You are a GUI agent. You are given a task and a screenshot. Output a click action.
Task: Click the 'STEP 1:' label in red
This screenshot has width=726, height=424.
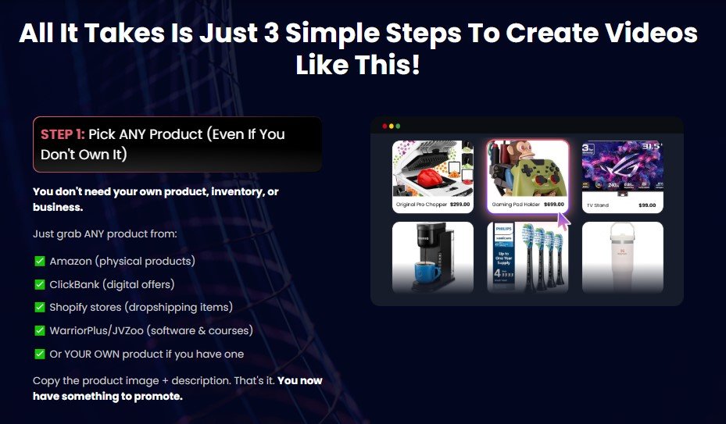pyautogui.click(x=63, y=134)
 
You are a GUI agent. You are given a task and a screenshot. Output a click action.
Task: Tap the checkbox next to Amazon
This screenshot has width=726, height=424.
pyautogui.click(x=40, y=261)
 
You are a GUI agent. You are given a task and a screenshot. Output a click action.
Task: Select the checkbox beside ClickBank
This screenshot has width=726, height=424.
pyautogui.click(x=40, y=284)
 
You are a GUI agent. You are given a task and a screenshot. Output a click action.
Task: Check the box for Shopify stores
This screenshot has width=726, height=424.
pyautogui.click(x=40, y=308)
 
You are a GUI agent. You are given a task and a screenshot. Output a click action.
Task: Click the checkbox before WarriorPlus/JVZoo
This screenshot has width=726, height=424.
pyautogui.click(x=40, y=331)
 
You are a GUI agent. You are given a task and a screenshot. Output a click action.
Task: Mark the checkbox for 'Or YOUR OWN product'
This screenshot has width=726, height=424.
pyautogui.click(x=40, y=355)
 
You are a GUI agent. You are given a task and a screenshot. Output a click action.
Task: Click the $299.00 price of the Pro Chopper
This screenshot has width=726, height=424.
pyautogui.click(x=455, y=205)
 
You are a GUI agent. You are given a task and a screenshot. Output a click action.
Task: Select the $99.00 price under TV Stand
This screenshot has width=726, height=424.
pyautogui.click(x=646, y=205)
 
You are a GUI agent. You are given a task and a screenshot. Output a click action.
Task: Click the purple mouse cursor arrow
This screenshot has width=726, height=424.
pyautogui.click(x=563, y=220)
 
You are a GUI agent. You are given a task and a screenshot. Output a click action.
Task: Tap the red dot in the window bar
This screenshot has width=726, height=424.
pyautogui.click(x=384, y=126)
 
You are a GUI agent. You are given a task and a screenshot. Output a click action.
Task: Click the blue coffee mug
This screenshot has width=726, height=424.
pyautogui.click(x=425, y=274)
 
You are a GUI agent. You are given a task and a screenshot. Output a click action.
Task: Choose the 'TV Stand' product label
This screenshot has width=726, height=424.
pyautogui.click(x=598, y=205)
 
